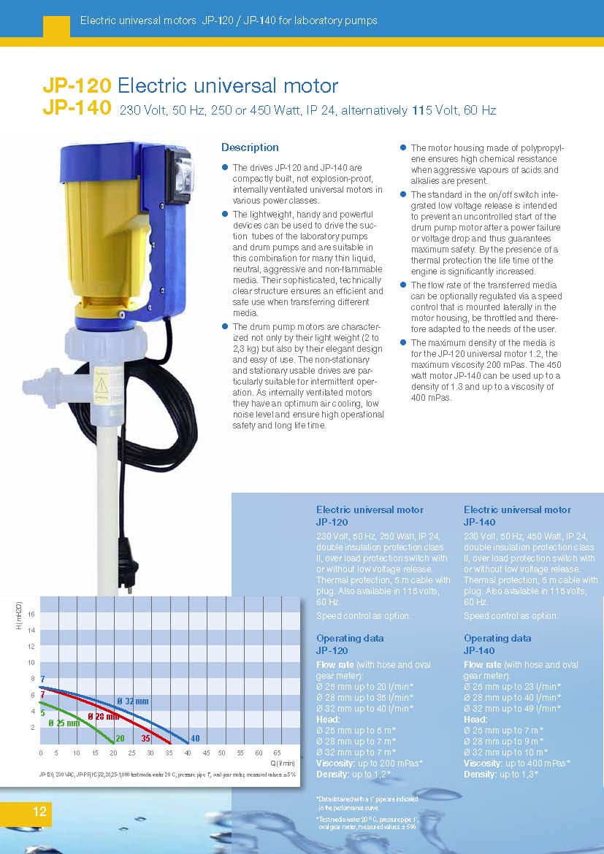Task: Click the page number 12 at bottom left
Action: point(39,812)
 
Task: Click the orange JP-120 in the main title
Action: point(77,86)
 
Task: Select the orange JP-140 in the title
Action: point(77,110)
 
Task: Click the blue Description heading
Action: point(250,147)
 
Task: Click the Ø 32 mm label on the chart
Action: point(133,701)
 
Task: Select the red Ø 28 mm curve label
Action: point(103,716)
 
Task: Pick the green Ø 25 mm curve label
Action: point(64,723)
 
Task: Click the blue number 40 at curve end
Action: point(195,739)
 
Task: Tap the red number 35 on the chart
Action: point(145,739)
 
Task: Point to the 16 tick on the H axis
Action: point(31,615)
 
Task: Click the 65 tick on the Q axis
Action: point(277,753)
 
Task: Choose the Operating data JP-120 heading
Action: point(349,644)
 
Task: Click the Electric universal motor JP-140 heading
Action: point(517,515)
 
